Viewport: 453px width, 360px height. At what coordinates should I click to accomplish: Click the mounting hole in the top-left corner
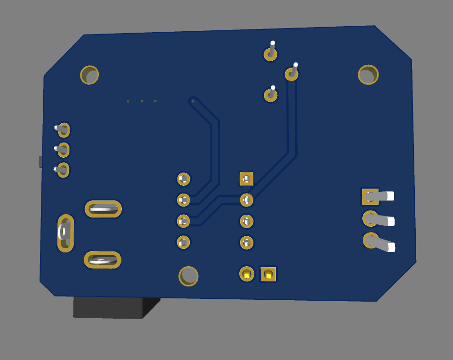[x=90, y=75]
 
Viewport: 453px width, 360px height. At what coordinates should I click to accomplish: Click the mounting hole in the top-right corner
[x=368, y=74]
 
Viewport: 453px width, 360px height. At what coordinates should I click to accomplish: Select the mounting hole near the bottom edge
[x=188, y=276]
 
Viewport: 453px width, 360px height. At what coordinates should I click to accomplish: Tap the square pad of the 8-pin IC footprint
[x=247, y=179]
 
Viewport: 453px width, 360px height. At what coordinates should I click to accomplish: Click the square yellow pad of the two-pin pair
[x=268, y=274]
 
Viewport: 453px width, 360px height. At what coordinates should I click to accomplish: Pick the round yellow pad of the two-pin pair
[x=247, y=274]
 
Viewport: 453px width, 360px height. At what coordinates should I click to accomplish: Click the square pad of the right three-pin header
[x=370, y=196]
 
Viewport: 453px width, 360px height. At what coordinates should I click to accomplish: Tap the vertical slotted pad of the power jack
[x=65, y=233]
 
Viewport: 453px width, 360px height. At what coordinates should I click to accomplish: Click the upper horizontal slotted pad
[x=103, y=209]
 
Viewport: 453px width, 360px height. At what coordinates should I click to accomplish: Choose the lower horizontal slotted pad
[x=102, y=260]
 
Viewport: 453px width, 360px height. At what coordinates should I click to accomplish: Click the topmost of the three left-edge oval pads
[x=63, y=130]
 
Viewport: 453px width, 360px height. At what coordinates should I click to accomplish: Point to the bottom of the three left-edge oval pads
[x=63, y=170]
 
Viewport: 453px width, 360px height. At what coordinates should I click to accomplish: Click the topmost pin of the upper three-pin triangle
[x=270, y=54]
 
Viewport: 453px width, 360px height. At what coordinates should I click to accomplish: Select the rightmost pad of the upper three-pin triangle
[x=291, y=74]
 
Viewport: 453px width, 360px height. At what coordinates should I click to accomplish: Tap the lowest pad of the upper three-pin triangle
[x=270, y=95]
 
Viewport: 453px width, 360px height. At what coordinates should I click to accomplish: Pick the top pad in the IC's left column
[x=183, y=179]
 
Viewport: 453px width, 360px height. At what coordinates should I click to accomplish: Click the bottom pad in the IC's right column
[x=247, y=242]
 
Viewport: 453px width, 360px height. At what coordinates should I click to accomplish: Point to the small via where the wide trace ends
[x=193, y=101]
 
